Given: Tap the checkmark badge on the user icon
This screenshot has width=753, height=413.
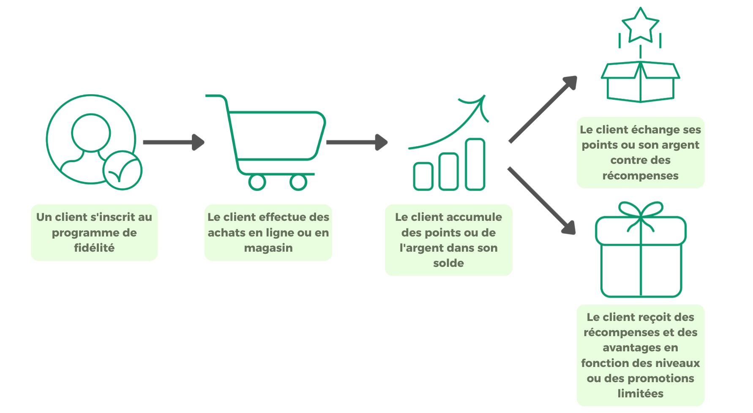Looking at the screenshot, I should (123, 171).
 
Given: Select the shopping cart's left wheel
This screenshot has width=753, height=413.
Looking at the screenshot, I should (256, 182).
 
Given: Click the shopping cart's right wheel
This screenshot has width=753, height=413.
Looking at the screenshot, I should (298, 182).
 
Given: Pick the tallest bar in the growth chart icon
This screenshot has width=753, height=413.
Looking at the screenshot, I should (475, 164).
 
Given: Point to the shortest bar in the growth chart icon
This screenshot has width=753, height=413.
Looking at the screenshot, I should (423, 176).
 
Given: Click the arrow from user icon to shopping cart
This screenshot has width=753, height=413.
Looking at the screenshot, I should (173, 142).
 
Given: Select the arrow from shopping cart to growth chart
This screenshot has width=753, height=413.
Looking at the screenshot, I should (356, 142).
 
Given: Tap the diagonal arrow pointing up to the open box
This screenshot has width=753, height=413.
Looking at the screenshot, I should (543, 109).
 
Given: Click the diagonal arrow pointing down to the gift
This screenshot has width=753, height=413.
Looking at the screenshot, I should (543, 201).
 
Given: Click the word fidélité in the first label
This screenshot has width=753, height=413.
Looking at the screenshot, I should (94, 248).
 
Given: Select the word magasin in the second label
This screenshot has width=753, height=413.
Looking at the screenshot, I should (268, 248).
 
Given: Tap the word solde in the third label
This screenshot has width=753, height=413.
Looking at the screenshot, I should (448, 263).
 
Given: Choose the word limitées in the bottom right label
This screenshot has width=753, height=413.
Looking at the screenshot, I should (640, 394).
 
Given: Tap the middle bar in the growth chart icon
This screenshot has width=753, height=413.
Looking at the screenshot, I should (449, 171).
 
